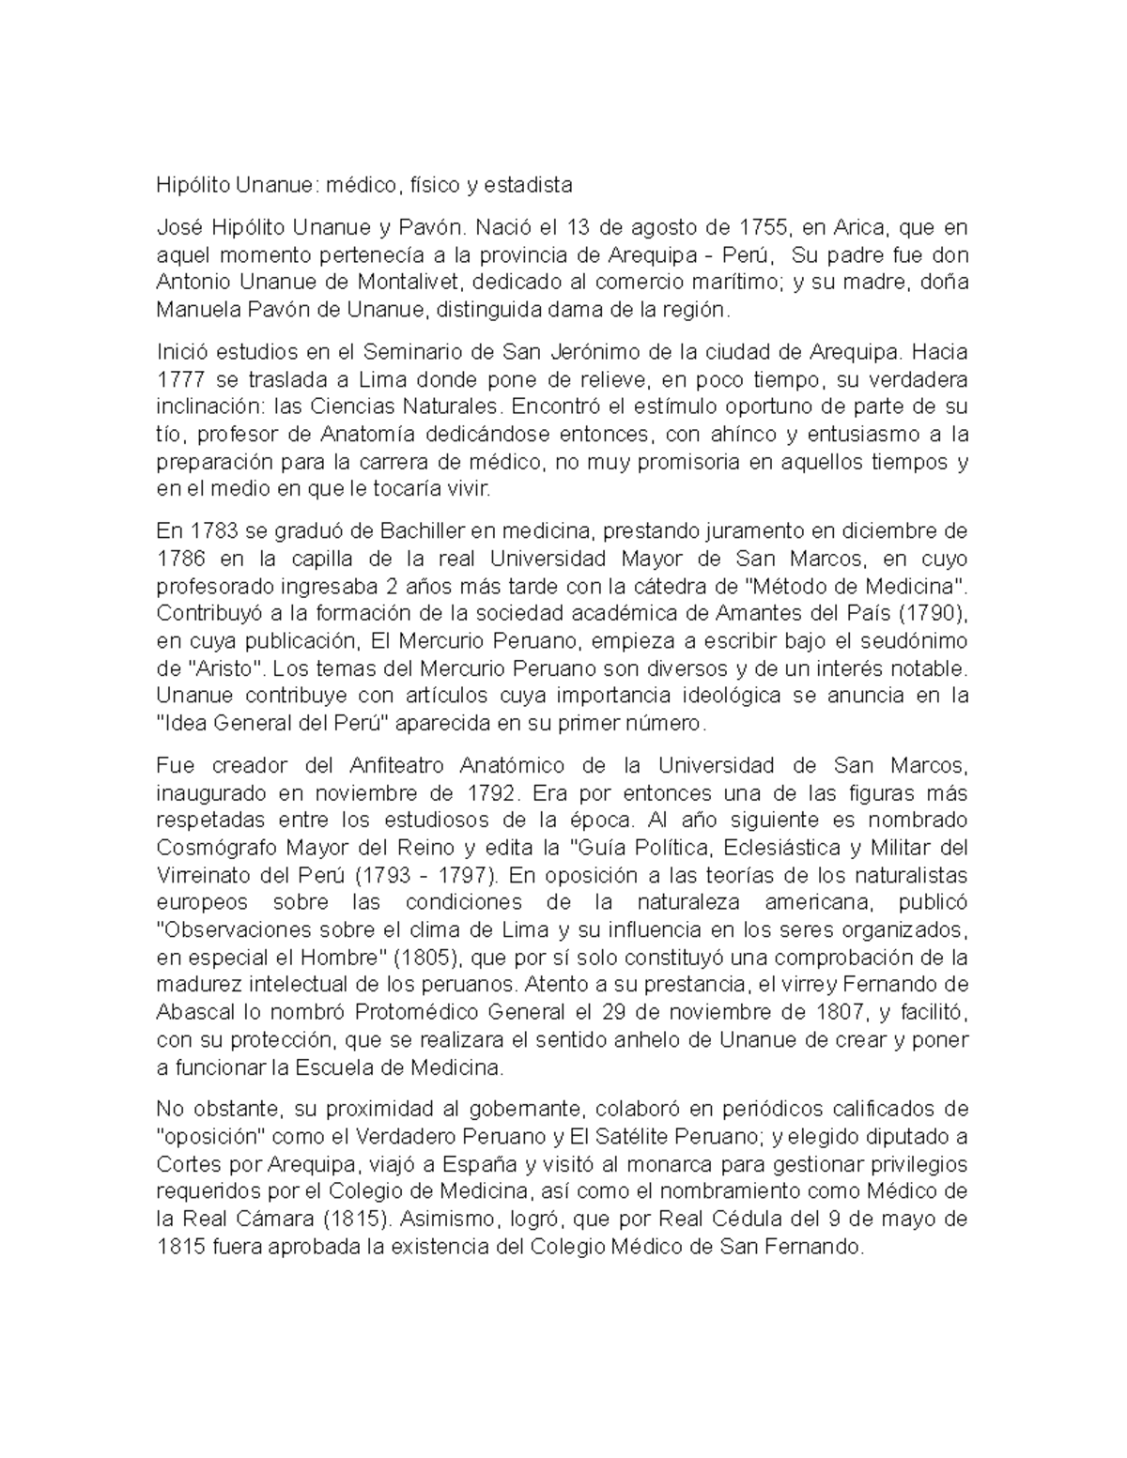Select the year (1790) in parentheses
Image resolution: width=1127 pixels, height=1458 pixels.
(x=932, y=614)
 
